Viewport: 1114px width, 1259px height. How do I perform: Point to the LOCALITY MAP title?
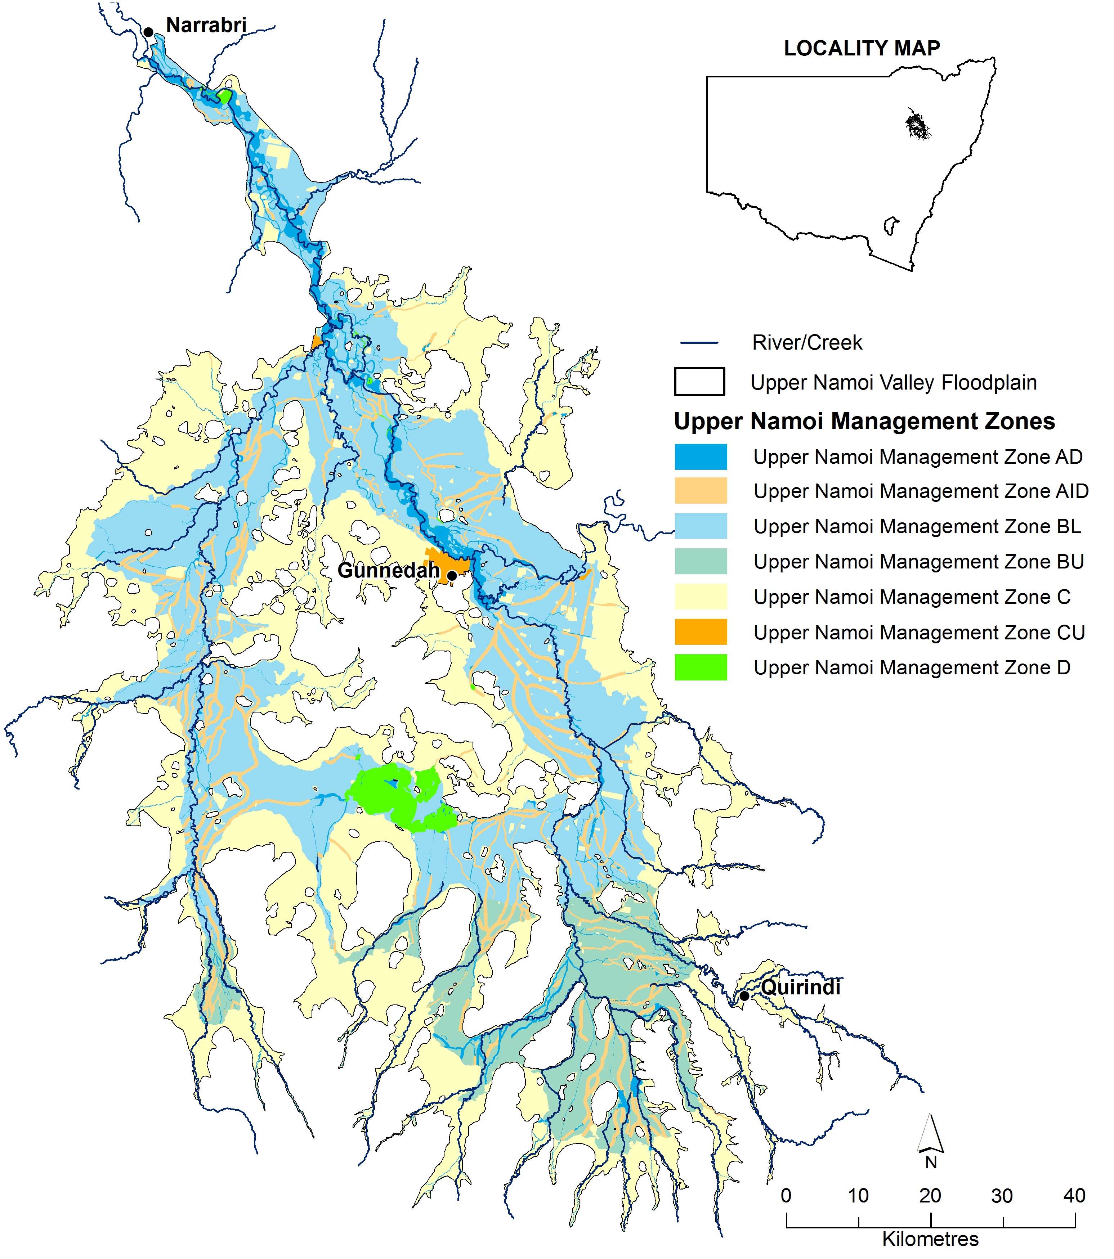(862, 49)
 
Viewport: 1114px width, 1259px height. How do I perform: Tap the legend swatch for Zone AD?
(701, 457)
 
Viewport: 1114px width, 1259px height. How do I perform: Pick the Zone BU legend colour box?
(701, 562)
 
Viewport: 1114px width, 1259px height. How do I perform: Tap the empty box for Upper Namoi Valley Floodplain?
(699, 382)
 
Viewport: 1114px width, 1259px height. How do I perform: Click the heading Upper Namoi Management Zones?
(864, 421)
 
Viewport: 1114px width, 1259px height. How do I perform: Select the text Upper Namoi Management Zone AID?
(921, 491)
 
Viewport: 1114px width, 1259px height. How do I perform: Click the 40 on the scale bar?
(1074, 1196)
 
